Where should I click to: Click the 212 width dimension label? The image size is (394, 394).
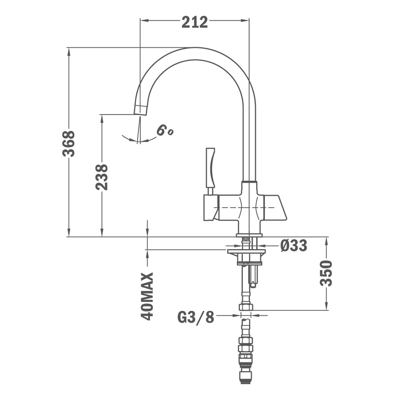195,22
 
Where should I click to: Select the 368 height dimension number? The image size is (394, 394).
69,143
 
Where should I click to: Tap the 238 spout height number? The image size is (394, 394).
102,177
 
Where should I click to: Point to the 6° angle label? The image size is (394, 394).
164,130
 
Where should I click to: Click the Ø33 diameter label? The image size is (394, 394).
294,245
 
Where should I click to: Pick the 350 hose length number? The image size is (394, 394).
326,273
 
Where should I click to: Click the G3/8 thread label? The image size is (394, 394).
196,317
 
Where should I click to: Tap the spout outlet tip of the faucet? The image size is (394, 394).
140,110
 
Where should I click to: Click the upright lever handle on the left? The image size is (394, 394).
210,167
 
